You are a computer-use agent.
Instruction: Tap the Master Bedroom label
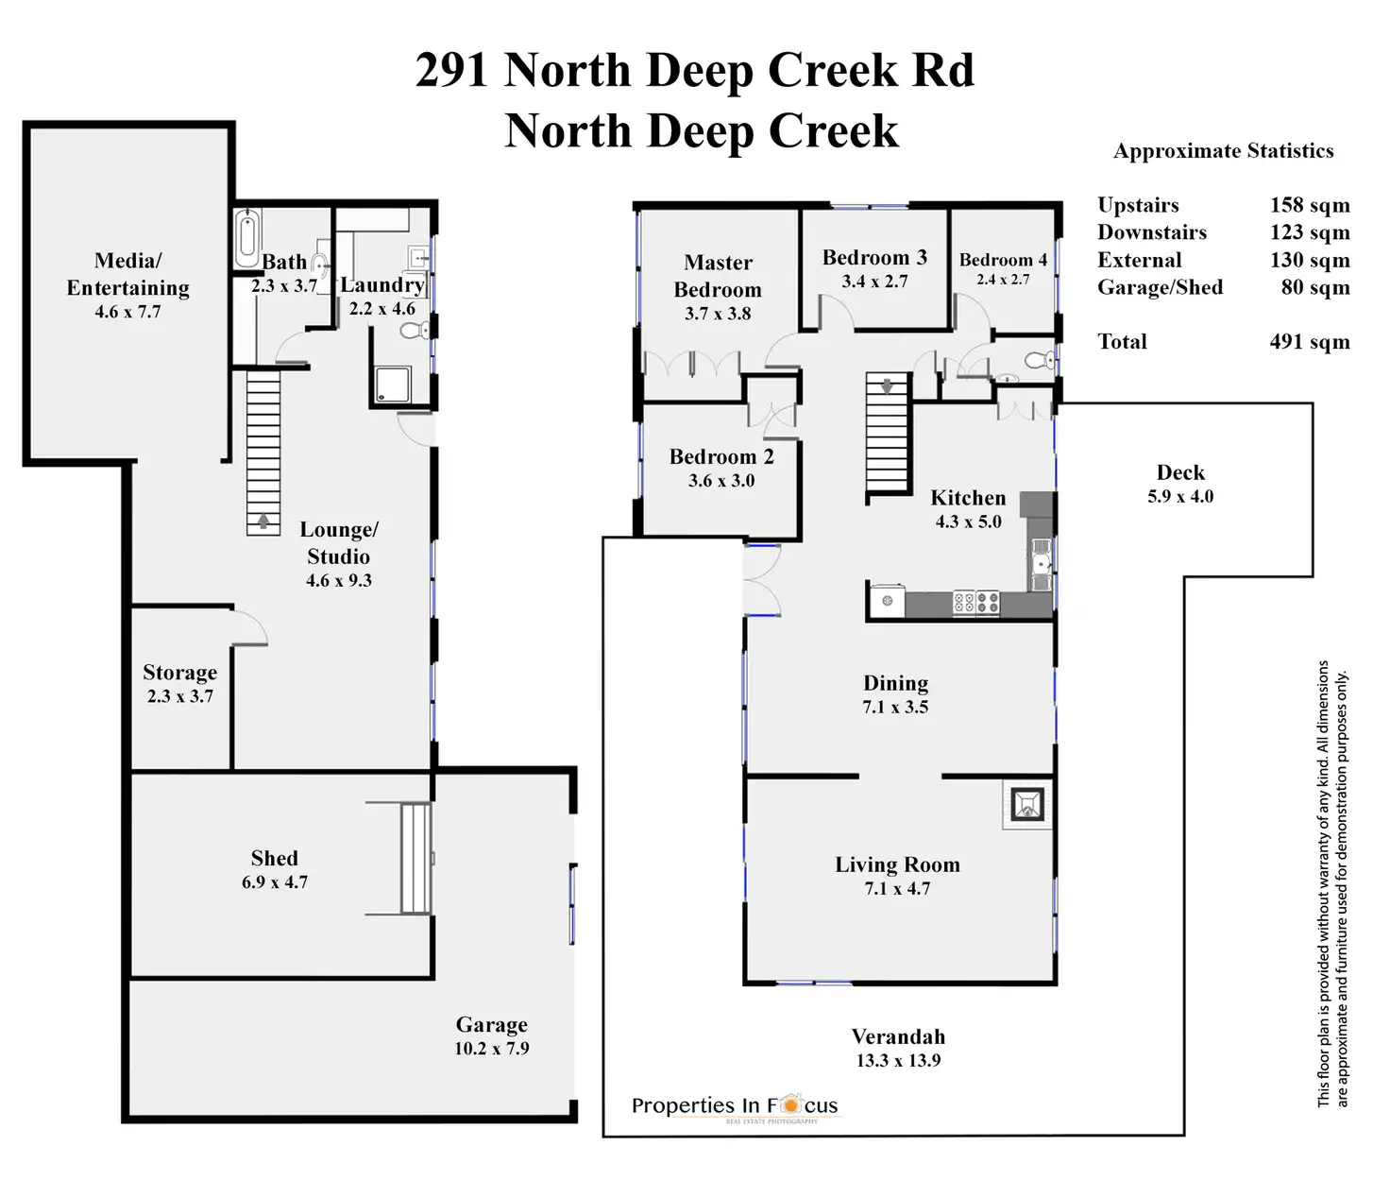718,276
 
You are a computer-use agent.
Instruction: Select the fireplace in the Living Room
1027,805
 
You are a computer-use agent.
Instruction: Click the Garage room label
491,1025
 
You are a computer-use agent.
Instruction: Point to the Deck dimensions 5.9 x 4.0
1180,497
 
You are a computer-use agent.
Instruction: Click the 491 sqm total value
1309,342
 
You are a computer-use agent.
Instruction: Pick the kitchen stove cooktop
975,603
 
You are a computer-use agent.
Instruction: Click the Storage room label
179,673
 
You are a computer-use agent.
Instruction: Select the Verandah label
898,1037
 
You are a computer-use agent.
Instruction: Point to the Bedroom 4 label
1003,260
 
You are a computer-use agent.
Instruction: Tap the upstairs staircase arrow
887,385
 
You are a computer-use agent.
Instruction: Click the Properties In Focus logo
735,1106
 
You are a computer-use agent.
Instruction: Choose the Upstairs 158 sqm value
1309,205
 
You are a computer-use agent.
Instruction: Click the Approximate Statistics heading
1223,151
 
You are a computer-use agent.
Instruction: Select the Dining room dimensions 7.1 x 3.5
895,708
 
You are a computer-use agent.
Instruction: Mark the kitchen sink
1041,565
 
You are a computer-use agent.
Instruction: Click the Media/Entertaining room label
127,274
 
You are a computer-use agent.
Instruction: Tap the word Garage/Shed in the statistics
1160,287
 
